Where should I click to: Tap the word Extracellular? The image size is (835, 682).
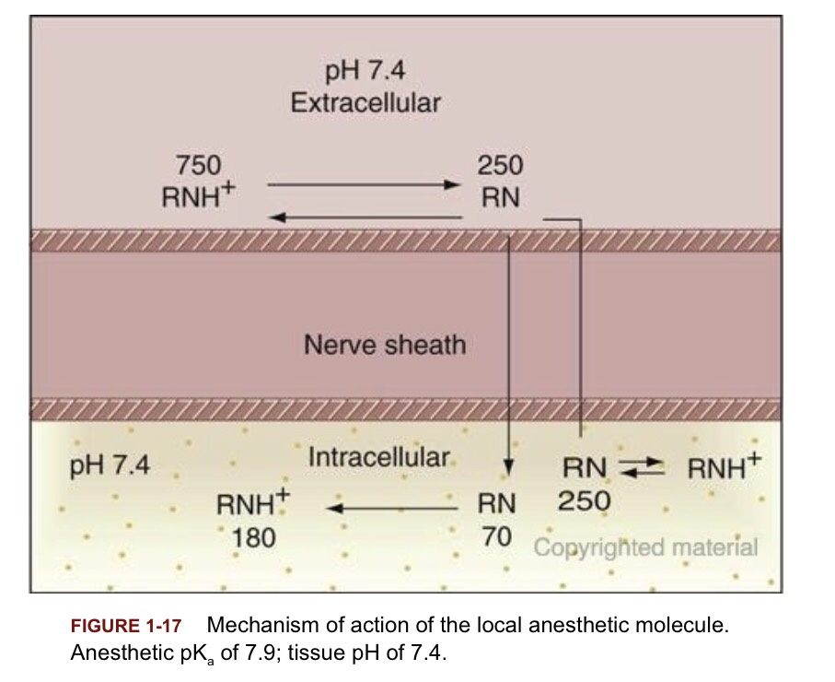(365, 101)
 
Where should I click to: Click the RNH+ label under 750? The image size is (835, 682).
(200, 196)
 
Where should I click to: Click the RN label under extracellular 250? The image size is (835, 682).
(500, 197)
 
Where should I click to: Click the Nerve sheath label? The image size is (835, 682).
(385, 346)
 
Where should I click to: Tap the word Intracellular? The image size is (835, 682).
(379, 456)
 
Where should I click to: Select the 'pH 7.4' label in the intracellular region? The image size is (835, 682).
(110, 465)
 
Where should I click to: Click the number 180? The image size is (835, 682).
(253, 536)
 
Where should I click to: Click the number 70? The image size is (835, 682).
(497, 536)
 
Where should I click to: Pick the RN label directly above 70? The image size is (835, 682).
(497, 504)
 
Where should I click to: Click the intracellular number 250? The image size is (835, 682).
(584, 501)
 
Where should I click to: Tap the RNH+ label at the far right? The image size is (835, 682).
(721, 469)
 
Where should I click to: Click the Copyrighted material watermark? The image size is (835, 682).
(646, 547)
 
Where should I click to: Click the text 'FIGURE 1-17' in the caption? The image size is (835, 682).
(126, 627)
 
